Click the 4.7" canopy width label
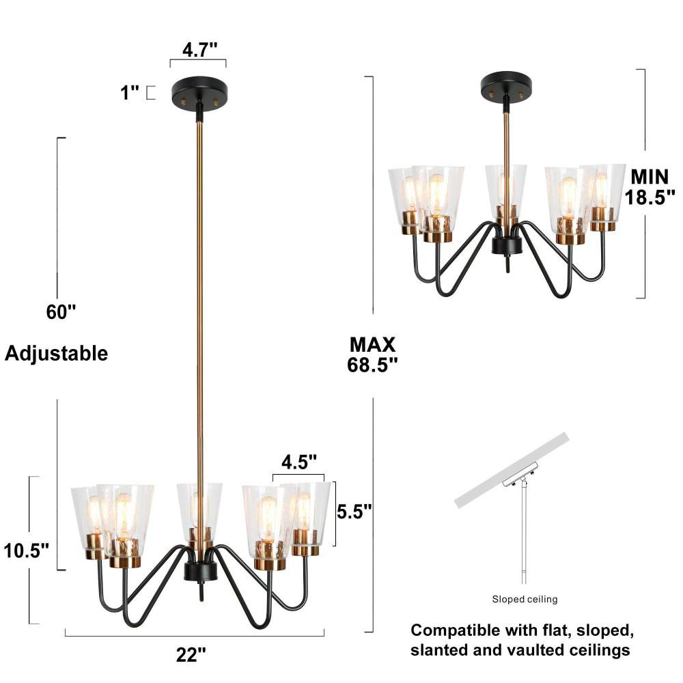tap(199, 50)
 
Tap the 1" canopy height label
tap(130, 92)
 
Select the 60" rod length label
tap(61, 312)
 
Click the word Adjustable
tap(57, 354)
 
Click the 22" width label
tap(191, 655)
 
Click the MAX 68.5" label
tap(372, 354)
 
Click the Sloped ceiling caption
tap(525, 600)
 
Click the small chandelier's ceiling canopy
tap(507, 86)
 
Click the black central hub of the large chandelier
tap(201, 570)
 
